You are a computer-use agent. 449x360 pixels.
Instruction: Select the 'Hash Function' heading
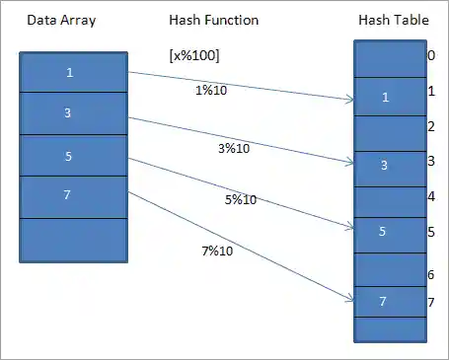[212, 21]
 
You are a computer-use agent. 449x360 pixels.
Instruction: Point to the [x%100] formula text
[194, 55]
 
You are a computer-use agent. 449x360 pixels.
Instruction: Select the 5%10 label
[241, 199]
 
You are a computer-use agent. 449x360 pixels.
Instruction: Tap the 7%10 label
[217, 251]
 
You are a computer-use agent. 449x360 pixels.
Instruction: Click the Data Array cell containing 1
[73, 72]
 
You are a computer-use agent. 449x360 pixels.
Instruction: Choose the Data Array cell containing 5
[73, 155]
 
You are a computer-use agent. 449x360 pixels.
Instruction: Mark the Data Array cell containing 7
[73, 196]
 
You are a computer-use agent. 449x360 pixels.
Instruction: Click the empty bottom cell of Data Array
[73, 239]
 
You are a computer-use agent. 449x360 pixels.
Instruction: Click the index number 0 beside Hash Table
[431, 56]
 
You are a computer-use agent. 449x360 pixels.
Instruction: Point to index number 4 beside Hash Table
[431, 196]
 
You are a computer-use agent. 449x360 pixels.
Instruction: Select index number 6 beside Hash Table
[431, 274]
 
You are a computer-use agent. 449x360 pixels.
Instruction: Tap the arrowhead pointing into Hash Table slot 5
[350, 229]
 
